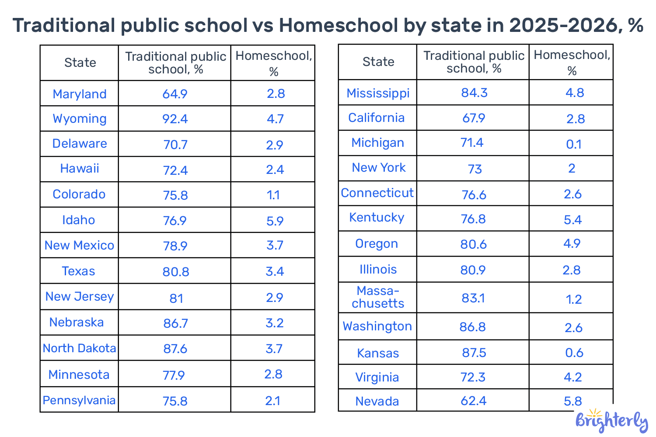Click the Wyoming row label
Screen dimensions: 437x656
click(80, 119)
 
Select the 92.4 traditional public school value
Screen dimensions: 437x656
click(175, 119)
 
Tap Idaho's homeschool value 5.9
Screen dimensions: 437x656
click(275, 221)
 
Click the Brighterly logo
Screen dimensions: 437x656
click(611, 421)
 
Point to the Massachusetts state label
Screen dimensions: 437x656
click(378, 297)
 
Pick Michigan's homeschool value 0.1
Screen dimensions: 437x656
click(573, 144)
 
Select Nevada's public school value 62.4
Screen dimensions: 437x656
click(473, 401)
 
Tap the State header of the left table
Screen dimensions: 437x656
click(80, 63)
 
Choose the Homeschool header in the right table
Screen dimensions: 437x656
click(572, 62)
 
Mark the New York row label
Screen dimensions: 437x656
click(379, 168)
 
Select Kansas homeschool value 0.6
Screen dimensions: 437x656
click(574, 353)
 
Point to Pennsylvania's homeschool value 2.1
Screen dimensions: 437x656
click(272, 401)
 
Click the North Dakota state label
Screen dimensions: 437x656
click(80, 348)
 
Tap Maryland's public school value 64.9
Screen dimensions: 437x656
click(175, 94)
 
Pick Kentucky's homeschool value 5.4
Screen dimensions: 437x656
click(572, 219)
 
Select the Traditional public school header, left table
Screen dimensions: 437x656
click(175, 63)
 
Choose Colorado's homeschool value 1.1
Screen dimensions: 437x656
click(273, 195)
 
